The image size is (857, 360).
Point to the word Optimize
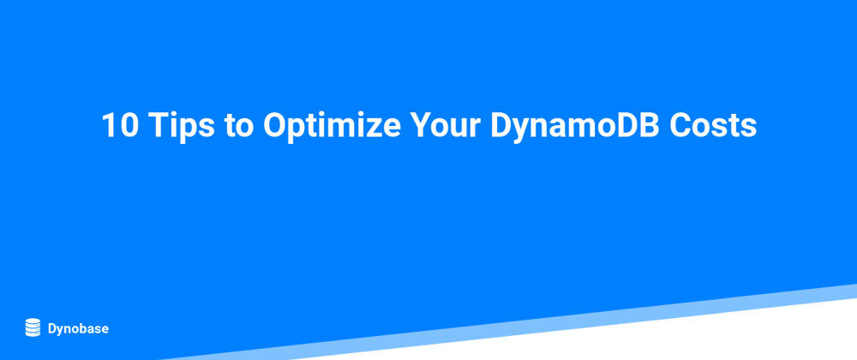point(332,127)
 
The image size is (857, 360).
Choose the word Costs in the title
point(713,126)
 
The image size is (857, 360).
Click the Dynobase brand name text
point(78,329)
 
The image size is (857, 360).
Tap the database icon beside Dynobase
point(33,327)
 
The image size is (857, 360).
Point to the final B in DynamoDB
point(651,126)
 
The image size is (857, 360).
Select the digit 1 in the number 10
point(110,126)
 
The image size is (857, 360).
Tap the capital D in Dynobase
point(52,328)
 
